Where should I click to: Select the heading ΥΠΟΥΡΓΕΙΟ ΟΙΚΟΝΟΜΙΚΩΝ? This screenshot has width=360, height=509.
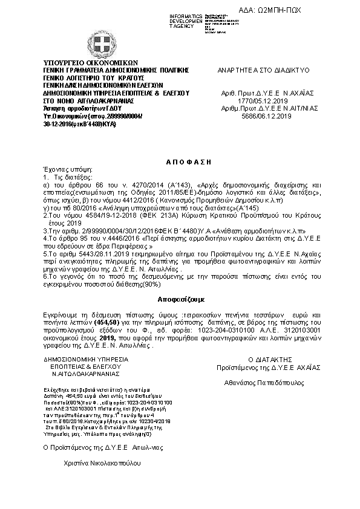coord(91,62)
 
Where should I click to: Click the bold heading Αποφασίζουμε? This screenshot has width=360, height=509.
coord(180,299)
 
